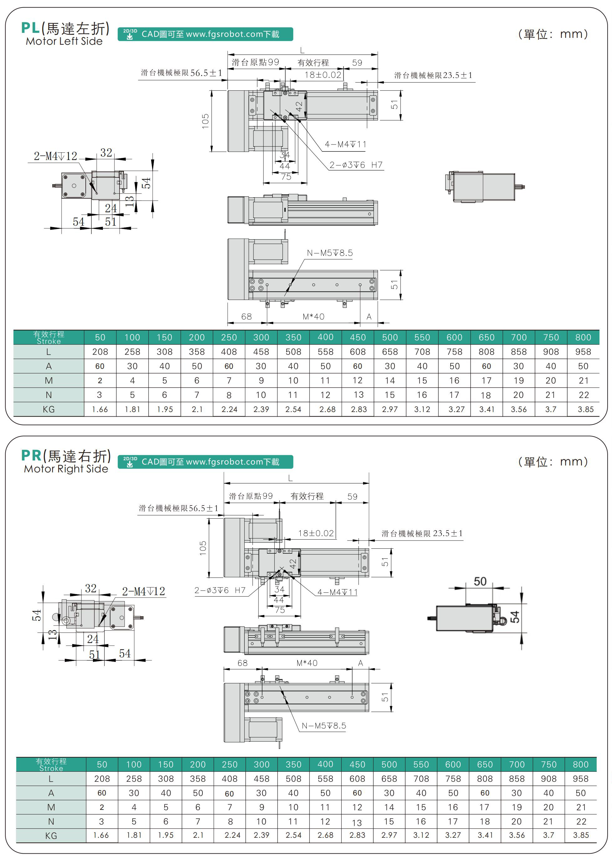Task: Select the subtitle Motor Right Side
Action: click(x=66, y=469)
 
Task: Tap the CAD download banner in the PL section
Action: click(x=205, y=34)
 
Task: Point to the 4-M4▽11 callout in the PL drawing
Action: click(x=345, y=144)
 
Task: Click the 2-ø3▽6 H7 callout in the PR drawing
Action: click(x=220, y=590)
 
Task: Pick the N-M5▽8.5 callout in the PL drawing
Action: click(x=330, y=253)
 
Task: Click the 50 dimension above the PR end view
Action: click(x=480, y=581)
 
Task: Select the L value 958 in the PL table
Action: click(x=583, y=352)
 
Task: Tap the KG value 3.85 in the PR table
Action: click(x=581, y=835)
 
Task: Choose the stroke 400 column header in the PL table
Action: click(x=325, y=337)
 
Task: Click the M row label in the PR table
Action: click(x=51, y=807)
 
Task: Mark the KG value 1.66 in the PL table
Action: click(x=100, y=409)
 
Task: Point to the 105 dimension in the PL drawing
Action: click(x=205, y=121)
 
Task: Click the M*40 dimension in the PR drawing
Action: click(x=307, y=663)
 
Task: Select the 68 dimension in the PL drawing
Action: click(x=247, y=317)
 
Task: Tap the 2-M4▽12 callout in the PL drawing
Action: click(x=55, y=156)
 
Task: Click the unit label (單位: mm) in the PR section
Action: click(x=553, y=461)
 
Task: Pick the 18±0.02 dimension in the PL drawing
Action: click(x=323, y=74)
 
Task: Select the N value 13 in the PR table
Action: click(x=357, y=822)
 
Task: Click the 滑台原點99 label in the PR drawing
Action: click(x=251, y=496)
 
